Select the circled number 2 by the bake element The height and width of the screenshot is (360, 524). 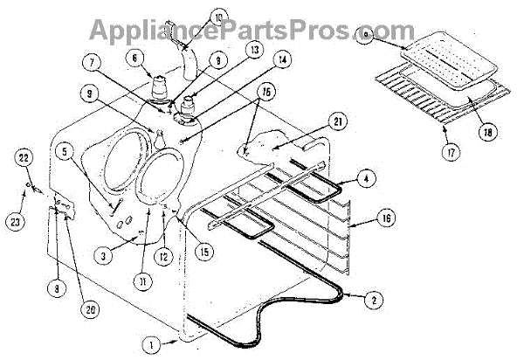[375, 299]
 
